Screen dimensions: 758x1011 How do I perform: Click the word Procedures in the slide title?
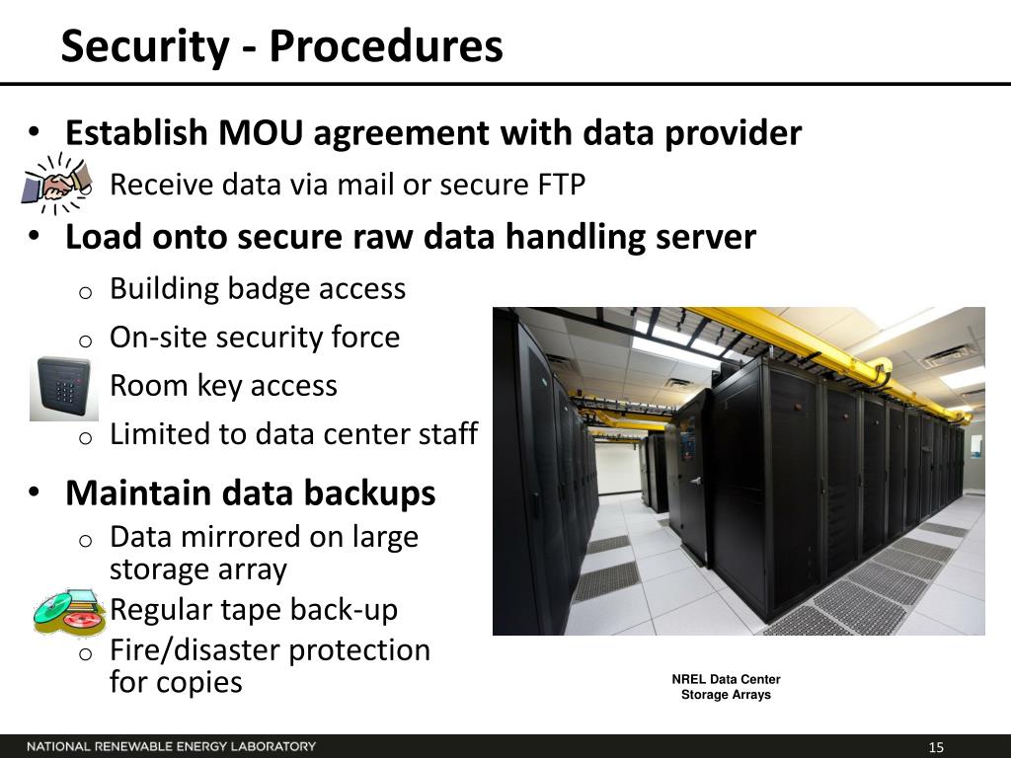click(386, 47)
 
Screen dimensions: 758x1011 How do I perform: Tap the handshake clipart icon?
click(55, 183)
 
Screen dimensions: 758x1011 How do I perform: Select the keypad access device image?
click(63, 388)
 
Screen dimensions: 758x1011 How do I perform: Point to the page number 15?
click(936, 747)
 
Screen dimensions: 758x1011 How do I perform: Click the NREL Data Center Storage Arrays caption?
click(726, 687)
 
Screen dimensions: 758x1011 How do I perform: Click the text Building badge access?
click(258, 289)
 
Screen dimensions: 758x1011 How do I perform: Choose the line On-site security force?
click(255, 338)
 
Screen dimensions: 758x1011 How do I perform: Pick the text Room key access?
click(223, 386)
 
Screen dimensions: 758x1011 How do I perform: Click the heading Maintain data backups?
click(251, 493)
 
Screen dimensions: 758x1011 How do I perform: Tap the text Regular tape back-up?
click(254, 610)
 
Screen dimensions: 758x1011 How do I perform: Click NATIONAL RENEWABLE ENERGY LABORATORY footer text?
click(172, 746)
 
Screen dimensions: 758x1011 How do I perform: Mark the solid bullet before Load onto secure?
click(34, 236)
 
